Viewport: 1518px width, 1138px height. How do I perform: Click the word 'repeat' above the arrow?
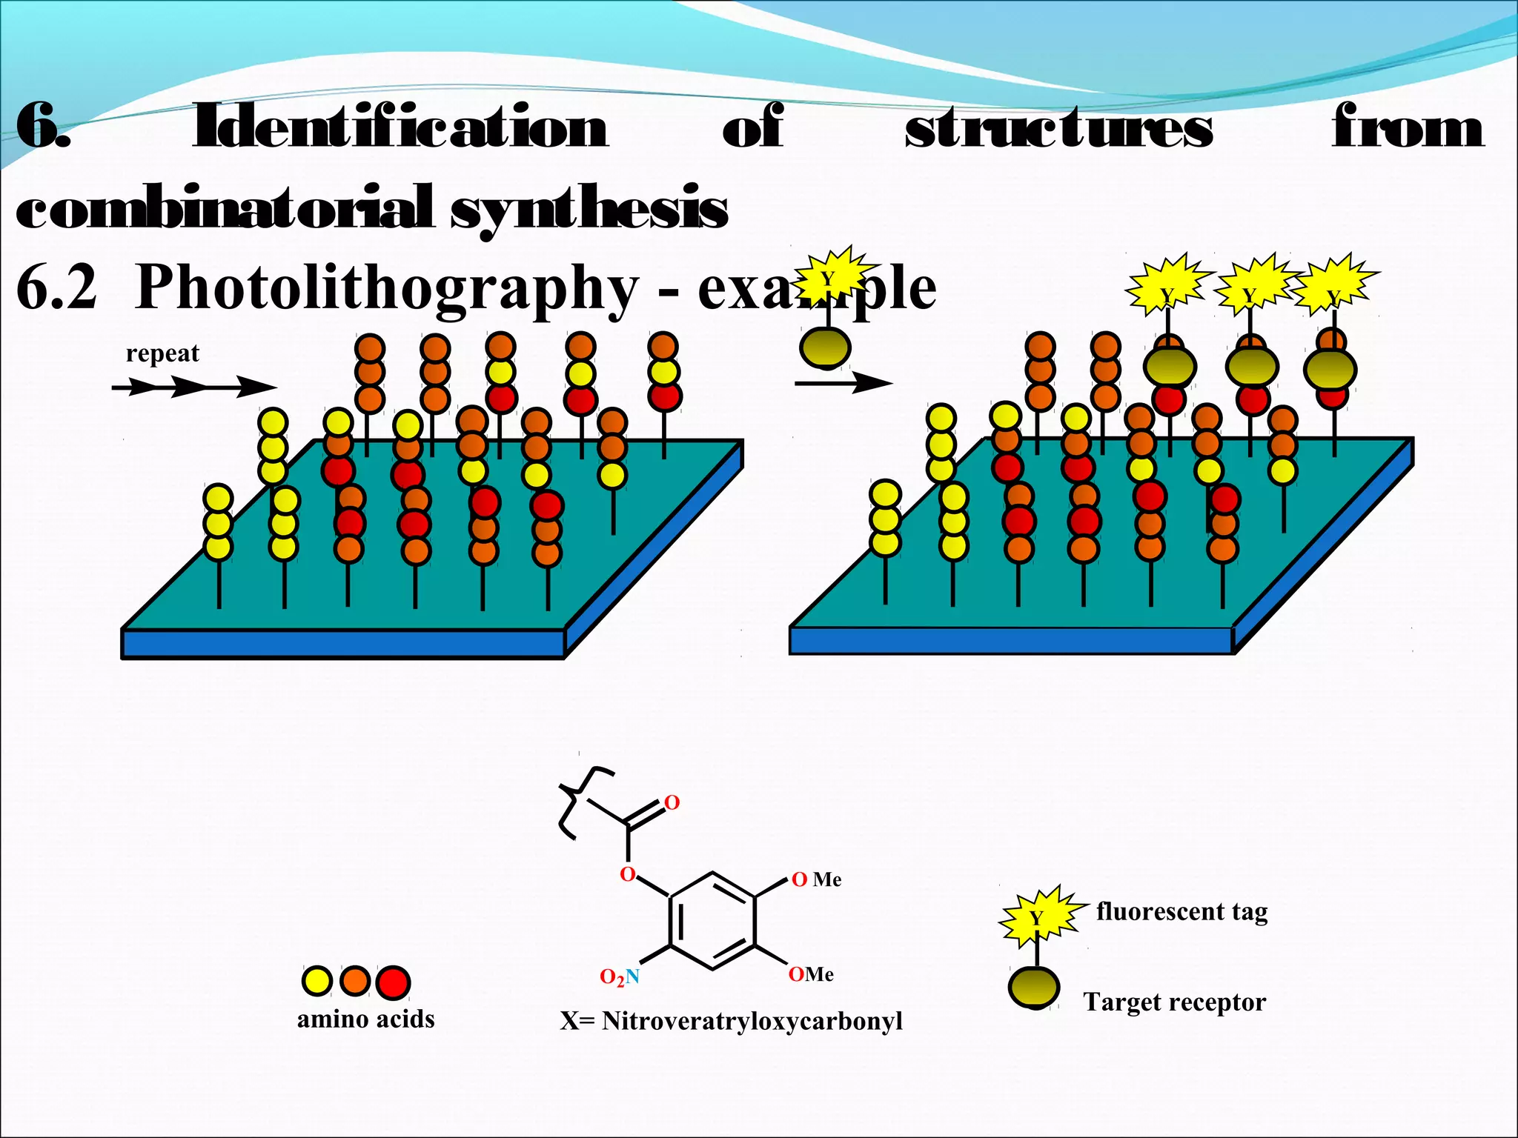pos(162,353)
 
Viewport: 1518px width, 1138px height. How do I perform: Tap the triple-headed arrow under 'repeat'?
pos(194,386)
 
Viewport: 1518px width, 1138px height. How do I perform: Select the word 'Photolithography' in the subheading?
pos(386,288)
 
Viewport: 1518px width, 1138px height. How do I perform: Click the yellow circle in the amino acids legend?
pos(316,981)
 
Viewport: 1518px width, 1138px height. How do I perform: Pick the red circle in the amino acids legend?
pos(393,982)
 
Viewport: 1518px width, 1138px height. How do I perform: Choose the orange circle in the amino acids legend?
pos(355,981)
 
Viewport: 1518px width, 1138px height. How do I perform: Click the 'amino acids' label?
pos(365,1019)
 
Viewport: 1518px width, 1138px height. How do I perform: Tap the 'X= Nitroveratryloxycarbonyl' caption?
pos(731,1021)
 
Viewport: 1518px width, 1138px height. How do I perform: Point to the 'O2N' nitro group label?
pos(620,977)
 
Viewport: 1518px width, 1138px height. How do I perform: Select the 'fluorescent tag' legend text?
pos(1181,911)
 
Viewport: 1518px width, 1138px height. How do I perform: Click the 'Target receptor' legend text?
pos(1174,1002)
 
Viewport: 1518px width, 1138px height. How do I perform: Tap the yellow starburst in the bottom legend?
pos(1037,917)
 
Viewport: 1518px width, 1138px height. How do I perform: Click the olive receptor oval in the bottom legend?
pos(1034,988)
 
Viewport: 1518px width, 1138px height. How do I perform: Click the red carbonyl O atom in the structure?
pos(672,802)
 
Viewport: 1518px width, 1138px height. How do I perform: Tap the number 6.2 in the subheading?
pos(56,288)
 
